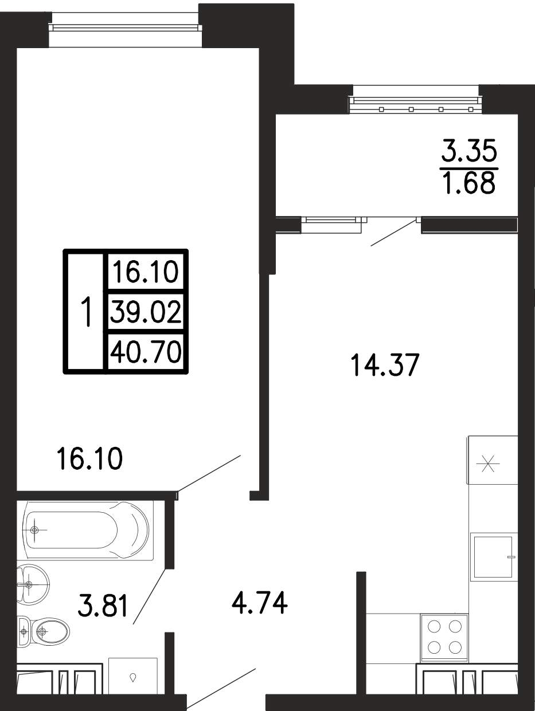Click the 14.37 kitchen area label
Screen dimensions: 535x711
tap(385, 365)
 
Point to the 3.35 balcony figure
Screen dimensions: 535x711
tap(469, 151)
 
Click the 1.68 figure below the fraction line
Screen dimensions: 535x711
tap(470, 183)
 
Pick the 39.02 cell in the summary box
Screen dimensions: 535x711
tap(146, 312)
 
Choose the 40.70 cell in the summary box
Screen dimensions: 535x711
tap(146, 352)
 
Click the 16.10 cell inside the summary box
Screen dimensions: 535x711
tap(146, 272)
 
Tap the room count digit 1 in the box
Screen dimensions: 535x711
tap(86, 312)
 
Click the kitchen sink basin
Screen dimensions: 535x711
tap(493, 556)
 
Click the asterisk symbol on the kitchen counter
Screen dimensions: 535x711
tap(489, 463)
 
